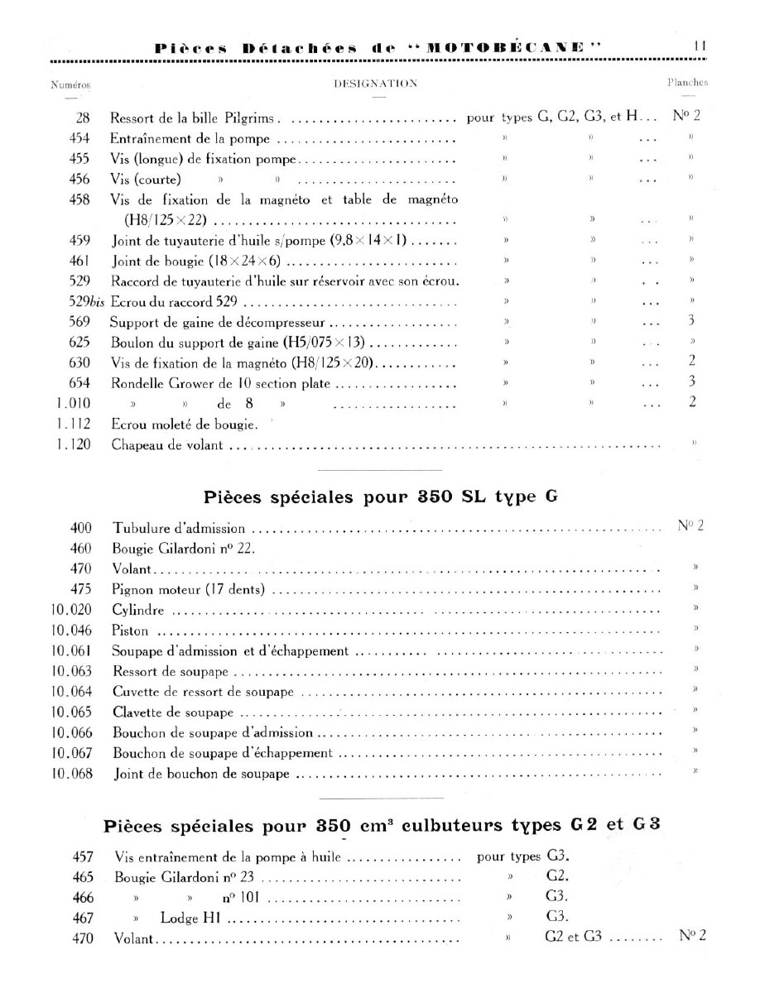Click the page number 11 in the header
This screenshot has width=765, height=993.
pos(699,47)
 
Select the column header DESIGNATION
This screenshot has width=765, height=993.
pos(375,83)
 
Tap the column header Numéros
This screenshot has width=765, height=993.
pos(70,84)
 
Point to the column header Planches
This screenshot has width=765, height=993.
pos(687,83)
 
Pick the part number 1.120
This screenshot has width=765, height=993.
pos(75,445)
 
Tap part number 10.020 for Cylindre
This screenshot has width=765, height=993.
pos(71,610)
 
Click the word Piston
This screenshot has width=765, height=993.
pos(130,631)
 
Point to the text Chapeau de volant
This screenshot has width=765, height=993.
pos(168,445)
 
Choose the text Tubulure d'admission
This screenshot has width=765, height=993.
pos(179,527)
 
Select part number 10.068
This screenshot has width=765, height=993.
pos(71,774)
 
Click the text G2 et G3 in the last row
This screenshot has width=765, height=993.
pos(574,938)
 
